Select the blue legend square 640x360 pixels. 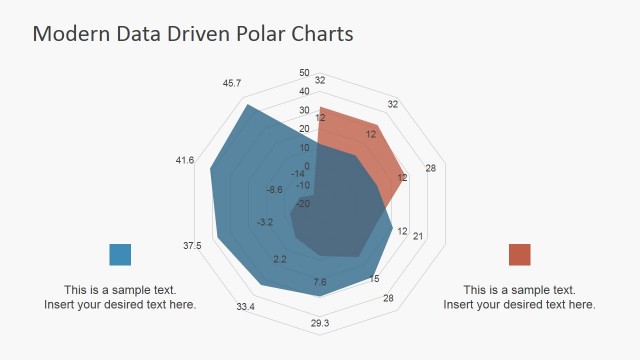point(120,254)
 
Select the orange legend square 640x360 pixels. point(519,254)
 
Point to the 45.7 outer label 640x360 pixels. point(232,83)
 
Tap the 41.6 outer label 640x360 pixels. point(185,160)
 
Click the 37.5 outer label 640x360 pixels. point(192,246)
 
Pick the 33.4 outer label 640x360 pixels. point(245,306)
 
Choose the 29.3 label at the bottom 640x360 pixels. point(320,323)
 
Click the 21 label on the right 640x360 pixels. point(418,237)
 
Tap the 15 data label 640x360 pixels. point(375,279)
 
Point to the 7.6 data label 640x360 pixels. point(320,283)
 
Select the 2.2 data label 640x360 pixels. point(279,260)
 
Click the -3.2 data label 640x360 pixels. point(265,222)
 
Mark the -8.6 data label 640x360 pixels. point(275,189)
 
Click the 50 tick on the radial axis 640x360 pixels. point(304,72)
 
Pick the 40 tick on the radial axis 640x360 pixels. point(304,91)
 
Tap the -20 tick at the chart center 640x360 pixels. point(303,204)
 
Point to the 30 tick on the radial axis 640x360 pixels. point(304,110)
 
